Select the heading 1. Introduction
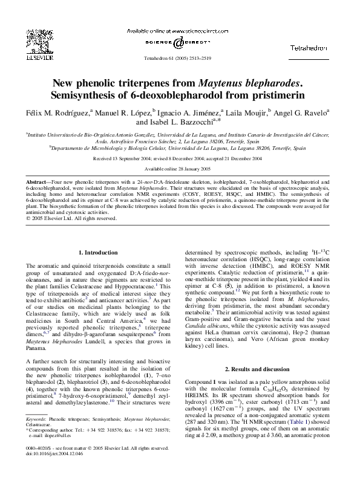tap(99, 251)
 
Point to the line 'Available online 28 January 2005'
tap(180, 168)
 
